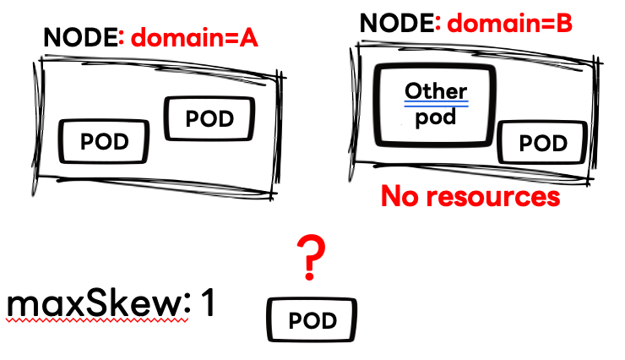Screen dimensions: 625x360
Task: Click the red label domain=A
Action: tap(194, 38)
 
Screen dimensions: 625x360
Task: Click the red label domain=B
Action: tap(510, 23)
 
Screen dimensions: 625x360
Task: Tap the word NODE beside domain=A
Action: tap(80, 38)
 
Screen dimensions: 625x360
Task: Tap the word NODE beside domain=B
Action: tap(397, 23)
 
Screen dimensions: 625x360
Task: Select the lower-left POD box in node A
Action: tap(104, 141)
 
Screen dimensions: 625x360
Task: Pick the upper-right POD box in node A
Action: tap(209, 119)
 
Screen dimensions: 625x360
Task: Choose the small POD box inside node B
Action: tap(543, 143)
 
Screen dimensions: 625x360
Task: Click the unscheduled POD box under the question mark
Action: tap(312, 320)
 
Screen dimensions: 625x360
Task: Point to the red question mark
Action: tap(311, 257)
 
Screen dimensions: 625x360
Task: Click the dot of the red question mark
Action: tap(310, 275)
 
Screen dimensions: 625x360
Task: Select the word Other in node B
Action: tap(436, 91)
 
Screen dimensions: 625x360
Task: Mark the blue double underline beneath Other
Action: tap(436, 104)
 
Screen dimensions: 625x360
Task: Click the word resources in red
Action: tap(493, 197)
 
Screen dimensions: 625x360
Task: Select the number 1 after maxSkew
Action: tap(208, 303)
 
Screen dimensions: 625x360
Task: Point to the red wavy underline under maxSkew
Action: tap(98, 320)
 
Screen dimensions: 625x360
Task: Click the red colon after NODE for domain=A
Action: tap(122, 40)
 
